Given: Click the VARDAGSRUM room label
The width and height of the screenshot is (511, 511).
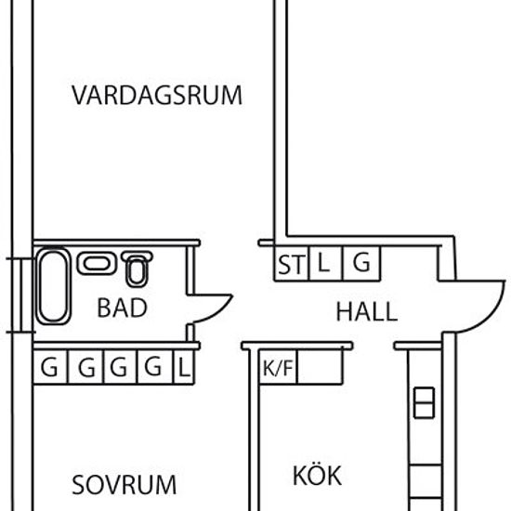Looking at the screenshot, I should coord(156,96).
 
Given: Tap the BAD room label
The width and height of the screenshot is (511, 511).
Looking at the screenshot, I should coord(122,308).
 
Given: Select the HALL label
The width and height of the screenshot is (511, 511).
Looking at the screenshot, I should coord(366,312).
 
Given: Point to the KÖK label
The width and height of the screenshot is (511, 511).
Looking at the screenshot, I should coord(317,477).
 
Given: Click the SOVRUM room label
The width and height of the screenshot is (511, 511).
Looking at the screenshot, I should coord(124,485).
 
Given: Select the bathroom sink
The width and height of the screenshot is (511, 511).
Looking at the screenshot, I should coord(95,264).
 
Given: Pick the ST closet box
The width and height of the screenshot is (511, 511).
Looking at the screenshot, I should coord(290,265).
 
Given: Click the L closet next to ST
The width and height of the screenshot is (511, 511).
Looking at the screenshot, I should coord(323,264).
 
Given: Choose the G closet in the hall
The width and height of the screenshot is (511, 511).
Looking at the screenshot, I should coord(362,264).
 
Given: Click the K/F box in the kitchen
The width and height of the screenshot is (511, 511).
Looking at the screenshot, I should coord(278,368).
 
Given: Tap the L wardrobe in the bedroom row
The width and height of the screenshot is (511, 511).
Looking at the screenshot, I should coord(184,368).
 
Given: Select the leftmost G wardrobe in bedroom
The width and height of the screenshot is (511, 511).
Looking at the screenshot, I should coord(51,368).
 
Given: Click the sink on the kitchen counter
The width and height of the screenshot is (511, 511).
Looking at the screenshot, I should coord(423,402).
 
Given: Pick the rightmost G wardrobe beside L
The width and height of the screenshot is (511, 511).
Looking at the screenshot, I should coord(155,368).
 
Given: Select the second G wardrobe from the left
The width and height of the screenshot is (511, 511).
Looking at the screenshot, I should coord(86,368).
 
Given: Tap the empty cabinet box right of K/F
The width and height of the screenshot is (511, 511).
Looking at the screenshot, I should coord(320,368).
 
